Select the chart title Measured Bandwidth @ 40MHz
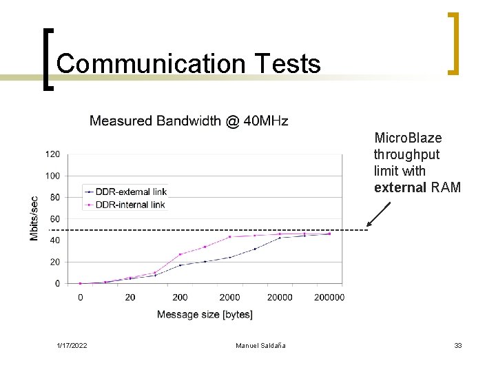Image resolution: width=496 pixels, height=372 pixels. click(189, 121)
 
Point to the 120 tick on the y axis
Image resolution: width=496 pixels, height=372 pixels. click(53, 154)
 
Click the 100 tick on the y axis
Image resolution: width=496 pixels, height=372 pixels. click(53, 176)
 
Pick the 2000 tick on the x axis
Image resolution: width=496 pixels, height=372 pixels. click(229, 298)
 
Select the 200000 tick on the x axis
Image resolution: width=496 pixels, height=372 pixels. click(329, 298)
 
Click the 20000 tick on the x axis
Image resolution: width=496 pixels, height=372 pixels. click(280, 298)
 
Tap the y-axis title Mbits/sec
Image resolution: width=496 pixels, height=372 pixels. click(34, 219)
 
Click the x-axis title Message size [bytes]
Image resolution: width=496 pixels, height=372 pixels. click(205, 315)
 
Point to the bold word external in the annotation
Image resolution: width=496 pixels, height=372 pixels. click(400, 187)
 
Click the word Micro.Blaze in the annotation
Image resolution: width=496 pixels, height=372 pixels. click(408, 138)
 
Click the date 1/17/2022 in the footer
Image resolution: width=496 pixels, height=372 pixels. click(72, 345)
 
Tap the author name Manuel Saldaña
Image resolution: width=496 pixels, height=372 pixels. click(260, 345)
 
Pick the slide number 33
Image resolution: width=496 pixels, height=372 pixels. click(457, 345)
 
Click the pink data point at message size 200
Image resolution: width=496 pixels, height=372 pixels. click(180, 254)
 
